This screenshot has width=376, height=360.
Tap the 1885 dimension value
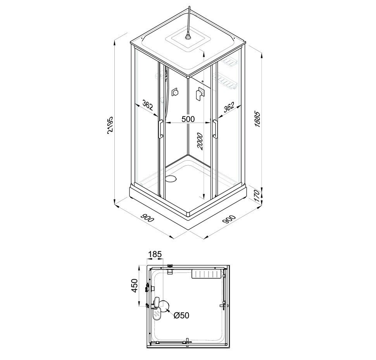257,119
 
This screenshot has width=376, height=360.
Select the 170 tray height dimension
257,196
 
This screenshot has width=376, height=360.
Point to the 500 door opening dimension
188,119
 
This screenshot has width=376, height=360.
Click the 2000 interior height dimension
200,142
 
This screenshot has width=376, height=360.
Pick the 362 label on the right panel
229,107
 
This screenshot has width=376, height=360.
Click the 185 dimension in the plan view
155,254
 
